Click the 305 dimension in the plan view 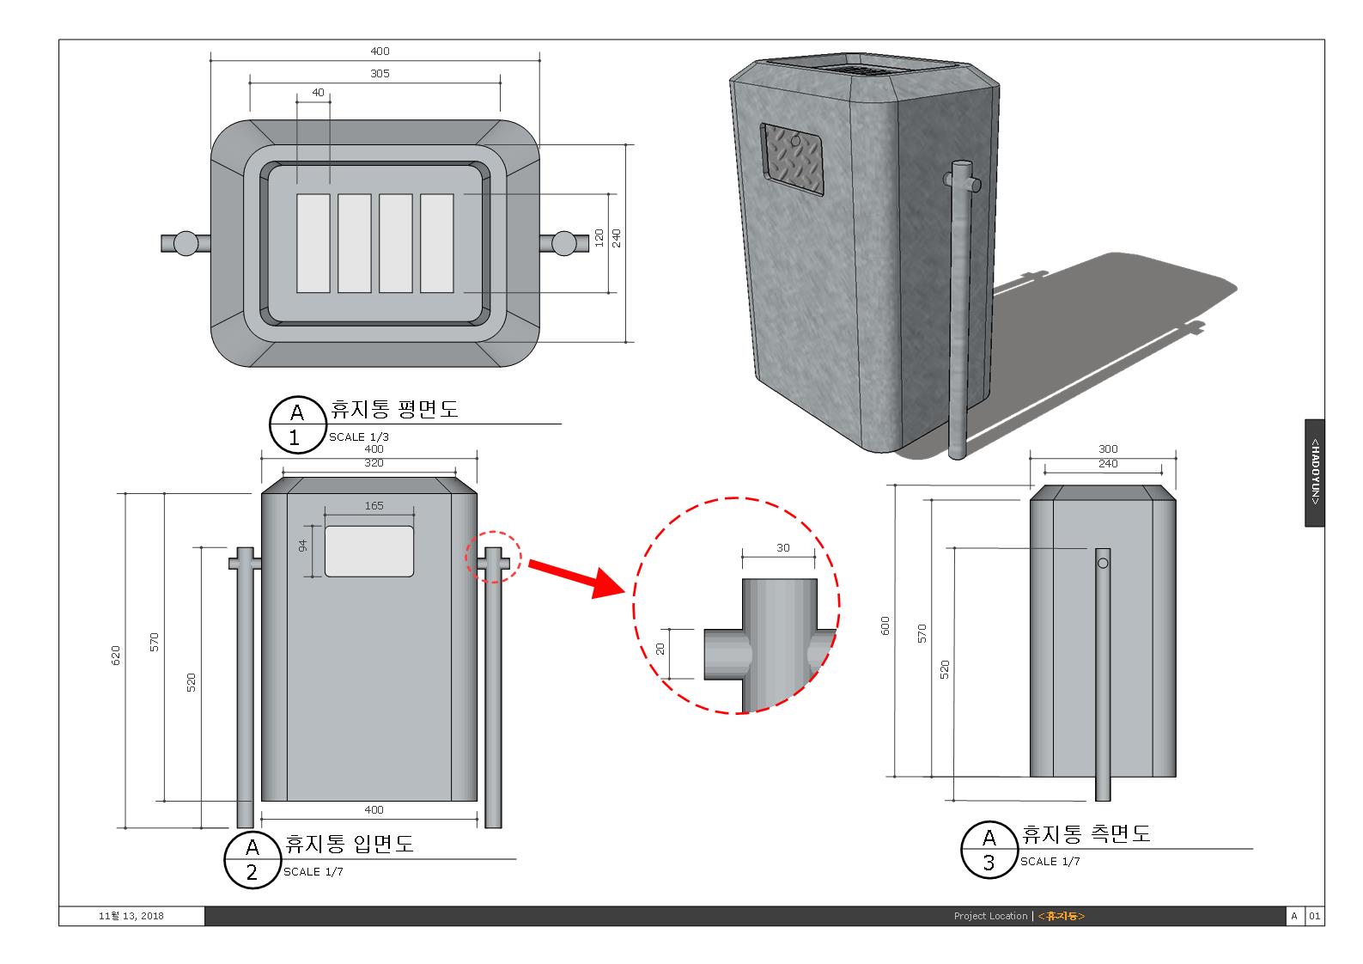[380, 74]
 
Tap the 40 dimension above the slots [319, 93]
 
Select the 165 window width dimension [374, 506]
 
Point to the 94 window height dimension [303, 546]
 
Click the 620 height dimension [117, 655]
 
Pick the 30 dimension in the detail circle [782, 548]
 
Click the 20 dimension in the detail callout [660, 649]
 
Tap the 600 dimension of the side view [886, 625]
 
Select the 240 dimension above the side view [1108, 464]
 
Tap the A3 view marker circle [989, 849]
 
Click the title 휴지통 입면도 [349, 844]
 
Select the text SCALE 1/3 [359, 436]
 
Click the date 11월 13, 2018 [131, 916]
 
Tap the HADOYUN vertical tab [1314, 473]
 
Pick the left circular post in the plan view [186, 243]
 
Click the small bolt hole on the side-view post [1104, 564]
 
